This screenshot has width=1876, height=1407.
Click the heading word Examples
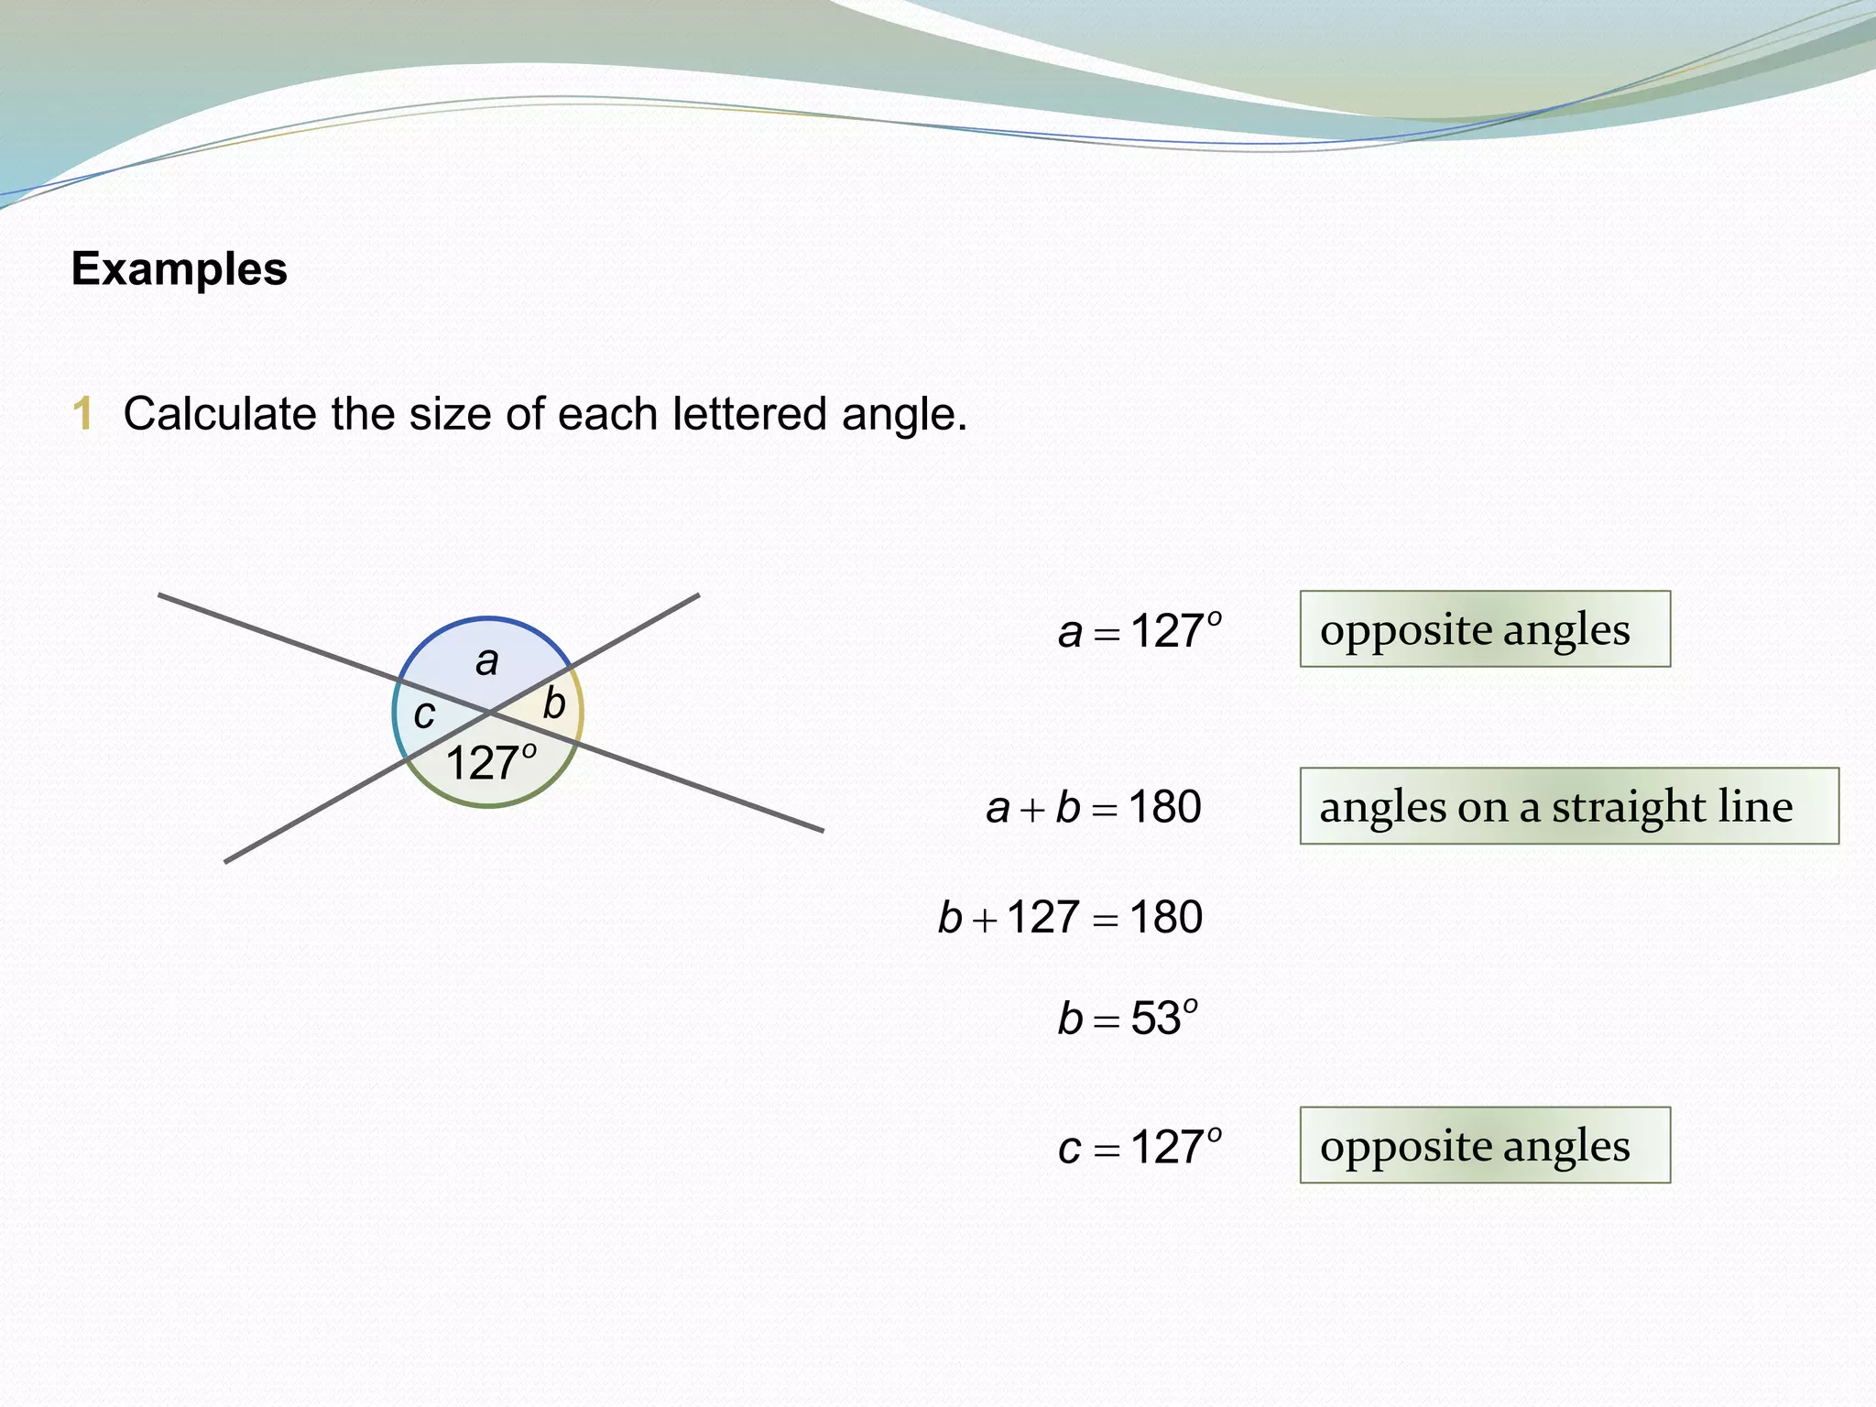click(x=180, y=269)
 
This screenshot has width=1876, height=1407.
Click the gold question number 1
click(x=83, y=413)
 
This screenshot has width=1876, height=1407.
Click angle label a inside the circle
click(x=487, y=661)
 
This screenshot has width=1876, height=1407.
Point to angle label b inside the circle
click(x=554, y=703)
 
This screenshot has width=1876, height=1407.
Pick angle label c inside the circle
click(x=423, y=714)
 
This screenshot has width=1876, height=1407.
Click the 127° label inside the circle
click(x=490, y=762)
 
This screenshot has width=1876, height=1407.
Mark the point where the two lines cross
click(x=490, y=712)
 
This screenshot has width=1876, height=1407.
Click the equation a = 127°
click(x=1140, y=631)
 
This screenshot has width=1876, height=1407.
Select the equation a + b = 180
click(x=1094, y=808)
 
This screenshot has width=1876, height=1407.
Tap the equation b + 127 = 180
click(x=1070, y=917)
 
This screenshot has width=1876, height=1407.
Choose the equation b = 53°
click(x=1128, y=1018)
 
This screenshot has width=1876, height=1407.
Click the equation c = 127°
click(x=1140, y=1147)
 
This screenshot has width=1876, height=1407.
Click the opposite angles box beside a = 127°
click(x=1484, y=629)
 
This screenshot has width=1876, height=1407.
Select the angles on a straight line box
click(x=1568, y=806)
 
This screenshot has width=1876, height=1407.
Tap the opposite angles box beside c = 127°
click(x=1484, y=1145)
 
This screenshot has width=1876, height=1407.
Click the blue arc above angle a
click(x=487, y=619)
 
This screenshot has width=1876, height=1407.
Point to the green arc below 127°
click(x=490, y=805)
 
